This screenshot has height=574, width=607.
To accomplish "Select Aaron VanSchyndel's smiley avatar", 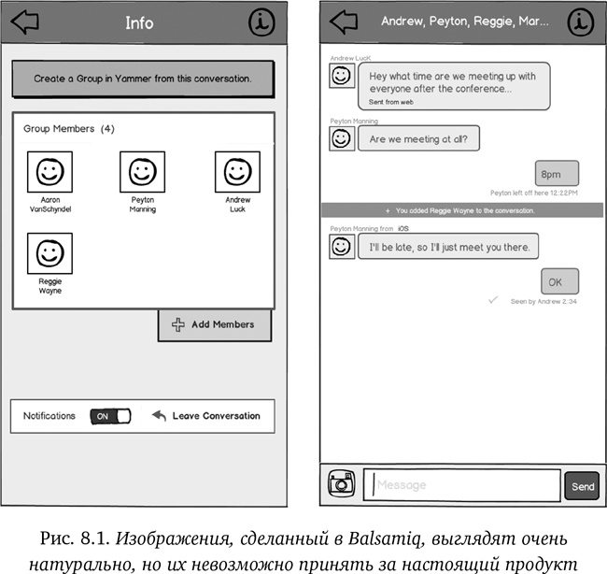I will pos(50,172).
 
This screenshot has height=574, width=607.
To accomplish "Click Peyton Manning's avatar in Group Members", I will pos(142,172).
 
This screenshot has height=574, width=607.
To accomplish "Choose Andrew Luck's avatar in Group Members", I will pos(237,172).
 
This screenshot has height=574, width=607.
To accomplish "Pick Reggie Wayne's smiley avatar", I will pos(50,253).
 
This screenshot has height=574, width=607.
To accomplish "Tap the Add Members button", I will pos(214,324).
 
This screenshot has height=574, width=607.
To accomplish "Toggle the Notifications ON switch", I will pos(110,416).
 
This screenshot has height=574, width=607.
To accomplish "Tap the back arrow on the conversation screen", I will pos(344,21).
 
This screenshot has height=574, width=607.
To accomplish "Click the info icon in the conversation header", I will pos(581,21).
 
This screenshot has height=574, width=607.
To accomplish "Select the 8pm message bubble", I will pos(558,173).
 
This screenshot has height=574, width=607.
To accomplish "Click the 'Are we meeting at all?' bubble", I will pos(419,139).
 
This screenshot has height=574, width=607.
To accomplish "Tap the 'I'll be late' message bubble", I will pos(448,247).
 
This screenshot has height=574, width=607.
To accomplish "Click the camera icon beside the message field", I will pos(342,484).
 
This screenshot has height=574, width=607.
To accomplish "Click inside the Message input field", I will pos(462,485).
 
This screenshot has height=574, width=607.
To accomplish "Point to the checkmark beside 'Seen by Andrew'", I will pos(493,300).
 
